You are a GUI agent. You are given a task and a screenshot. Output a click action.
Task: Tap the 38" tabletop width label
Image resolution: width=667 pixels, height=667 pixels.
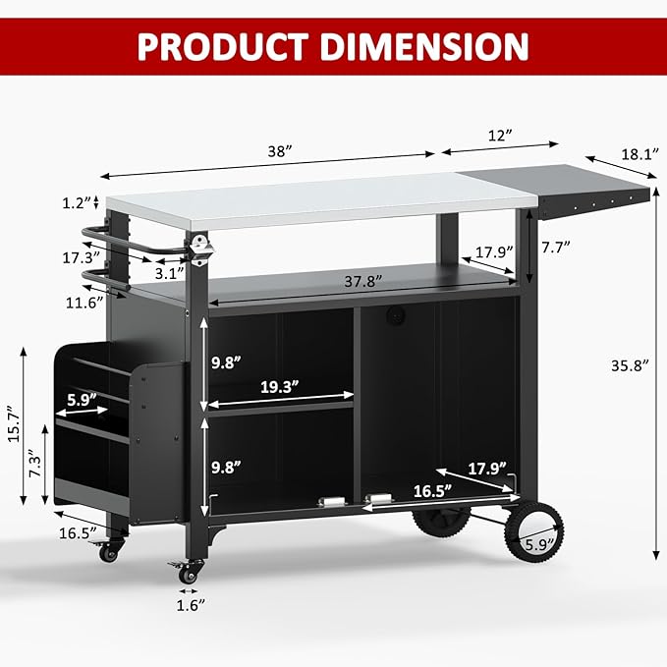click(281, 151)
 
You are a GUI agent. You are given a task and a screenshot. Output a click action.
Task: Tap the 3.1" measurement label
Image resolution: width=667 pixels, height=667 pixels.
click(168, 273)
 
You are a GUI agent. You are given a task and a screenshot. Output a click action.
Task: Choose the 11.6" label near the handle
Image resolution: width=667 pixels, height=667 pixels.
click(84, 303)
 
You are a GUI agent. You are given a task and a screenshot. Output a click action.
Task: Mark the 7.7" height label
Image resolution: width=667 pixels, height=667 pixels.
click(556, 249)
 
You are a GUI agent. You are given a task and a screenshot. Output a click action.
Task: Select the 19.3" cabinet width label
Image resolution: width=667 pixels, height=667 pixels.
click(278, 387)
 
